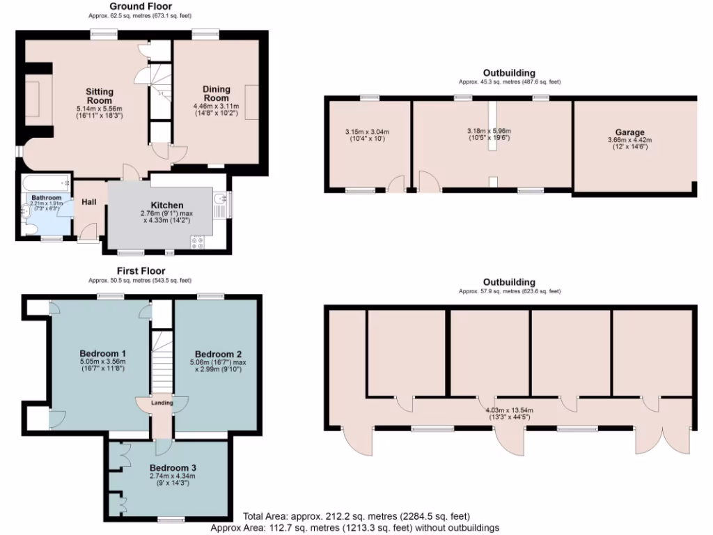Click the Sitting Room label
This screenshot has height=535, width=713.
pos(100,96)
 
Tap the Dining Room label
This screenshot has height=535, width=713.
pos(216,93)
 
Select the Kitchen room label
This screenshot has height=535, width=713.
pos(167,205)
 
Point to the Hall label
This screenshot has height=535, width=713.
pos(89,202)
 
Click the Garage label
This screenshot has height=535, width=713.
pos(629,132)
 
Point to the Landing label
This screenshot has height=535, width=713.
pos(162,403)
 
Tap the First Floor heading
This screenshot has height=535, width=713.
pos(141,271)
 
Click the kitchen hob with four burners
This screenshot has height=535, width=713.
pos(197,242)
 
